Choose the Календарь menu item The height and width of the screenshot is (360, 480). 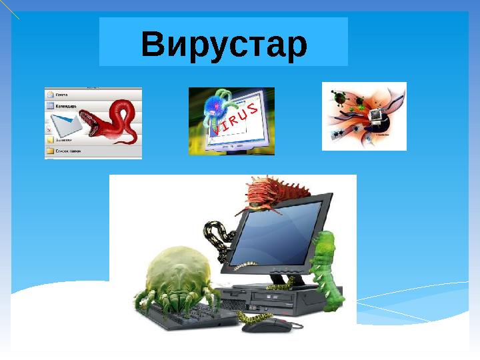(x=66, y=105)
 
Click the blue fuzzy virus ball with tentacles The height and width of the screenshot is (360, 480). (x=215, y=105)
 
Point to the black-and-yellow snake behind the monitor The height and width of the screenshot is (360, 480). (x=219, y=239)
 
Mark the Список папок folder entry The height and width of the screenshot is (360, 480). (x=67, y=151)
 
